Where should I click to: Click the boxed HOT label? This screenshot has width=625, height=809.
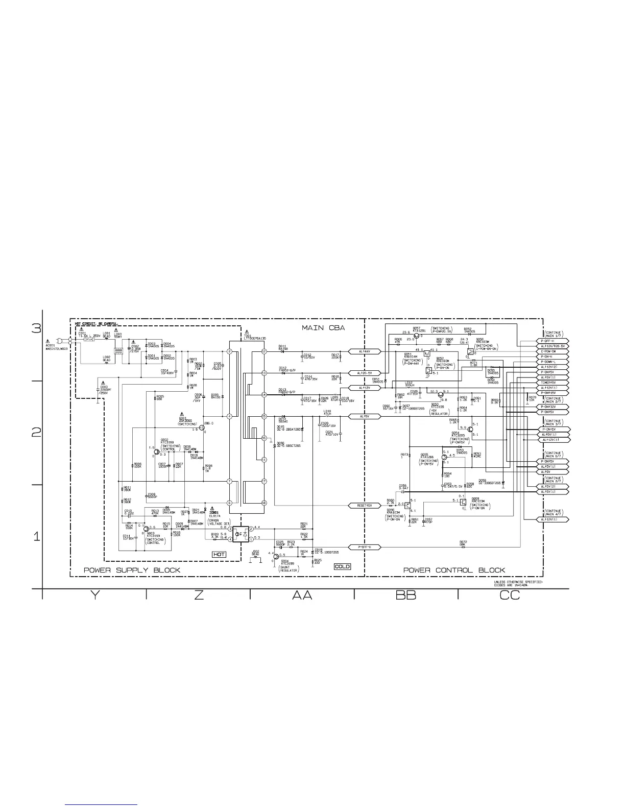pyautogui.click(x=219, y=554)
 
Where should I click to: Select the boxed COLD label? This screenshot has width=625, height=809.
pyautogui.click(x=342, y=566)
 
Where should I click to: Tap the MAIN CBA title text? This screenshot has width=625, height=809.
pyautogui.click(x=323, y=327)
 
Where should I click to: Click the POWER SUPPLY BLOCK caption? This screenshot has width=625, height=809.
pyautogui.click(x=132, y=570)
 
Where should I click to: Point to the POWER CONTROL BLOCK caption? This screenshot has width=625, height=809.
pyautogui.click(x=454, y=570)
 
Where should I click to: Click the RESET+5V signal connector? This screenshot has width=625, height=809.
pyautogui.click(x=365, y=505)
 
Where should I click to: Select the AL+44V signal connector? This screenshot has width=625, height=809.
pyautogui.click(x=365, y=351)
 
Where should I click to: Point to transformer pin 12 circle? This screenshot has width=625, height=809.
pyautogui.click(x=264, y=351)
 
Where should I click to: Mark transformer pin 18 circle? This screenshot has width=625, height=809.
pyautogui.click(x=264, y=503)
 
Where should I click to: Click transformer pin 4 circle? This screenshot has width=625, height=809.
pyautogui.click(x=230, y=416)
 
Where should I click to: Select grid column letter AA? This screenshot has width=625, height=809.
pyautogui.click(x=302, y=596)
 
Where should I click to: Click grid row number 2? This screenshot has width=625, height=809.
pyautogui.click(x=36, y=433)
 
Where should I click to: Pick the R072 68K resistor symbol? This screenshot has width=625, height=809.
pyautogui.click(x=462, y=547)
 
